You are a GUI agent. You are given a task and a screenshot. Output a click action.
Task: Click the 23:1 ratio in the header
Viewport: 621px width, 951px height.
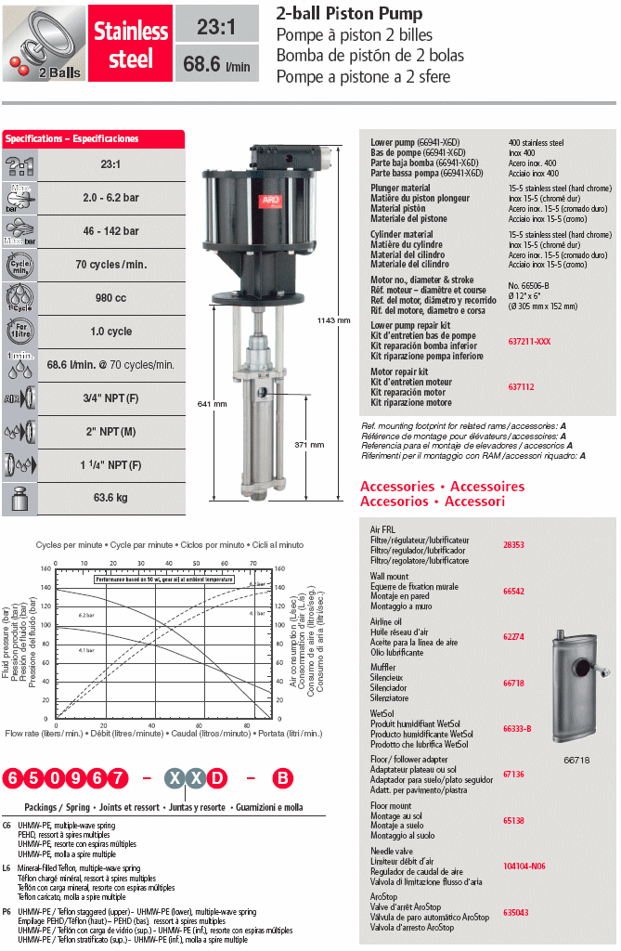[215, 27]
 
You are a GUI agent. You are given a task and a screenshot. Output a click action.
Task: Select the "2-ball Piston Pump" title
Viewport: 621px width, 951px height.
[350, 13]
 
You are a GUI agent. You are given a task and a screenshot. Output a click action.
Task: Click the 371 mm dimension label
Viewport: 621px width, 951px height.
[309, 445]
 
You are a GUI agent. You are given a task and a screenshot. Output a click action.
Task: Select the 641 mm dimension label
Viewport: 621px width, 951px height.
[213, 404]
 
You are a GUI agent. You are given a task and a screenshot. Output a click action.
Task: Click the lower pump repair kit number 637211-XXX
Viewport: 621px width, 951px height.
[529, 341]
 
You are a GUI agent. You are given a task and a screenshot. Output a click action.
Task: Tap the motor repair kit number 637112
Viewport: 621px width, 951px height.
[520, 386]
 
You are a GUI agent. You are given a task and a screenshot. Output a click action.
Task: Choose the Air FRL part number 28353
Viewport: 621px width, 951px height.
[513, 545]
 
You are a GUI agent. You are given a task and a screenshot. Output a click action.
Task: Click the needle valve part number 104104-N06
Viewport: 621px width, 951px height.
[524, 866]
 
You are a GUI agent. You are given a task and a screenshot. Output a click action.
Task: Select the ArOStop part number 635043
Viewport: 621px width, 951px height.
[515, 912]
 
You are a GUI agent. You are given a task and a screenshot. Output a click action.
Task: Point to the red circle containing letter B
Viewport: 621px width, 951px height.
[280, 777]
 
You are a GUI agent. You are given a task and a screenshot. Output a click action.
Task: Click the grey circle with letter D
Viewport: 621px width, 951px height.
[216, 777]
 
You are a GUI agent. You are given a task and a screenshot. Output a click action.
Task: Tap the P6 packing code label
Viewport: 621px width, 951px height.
[6, 912]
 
